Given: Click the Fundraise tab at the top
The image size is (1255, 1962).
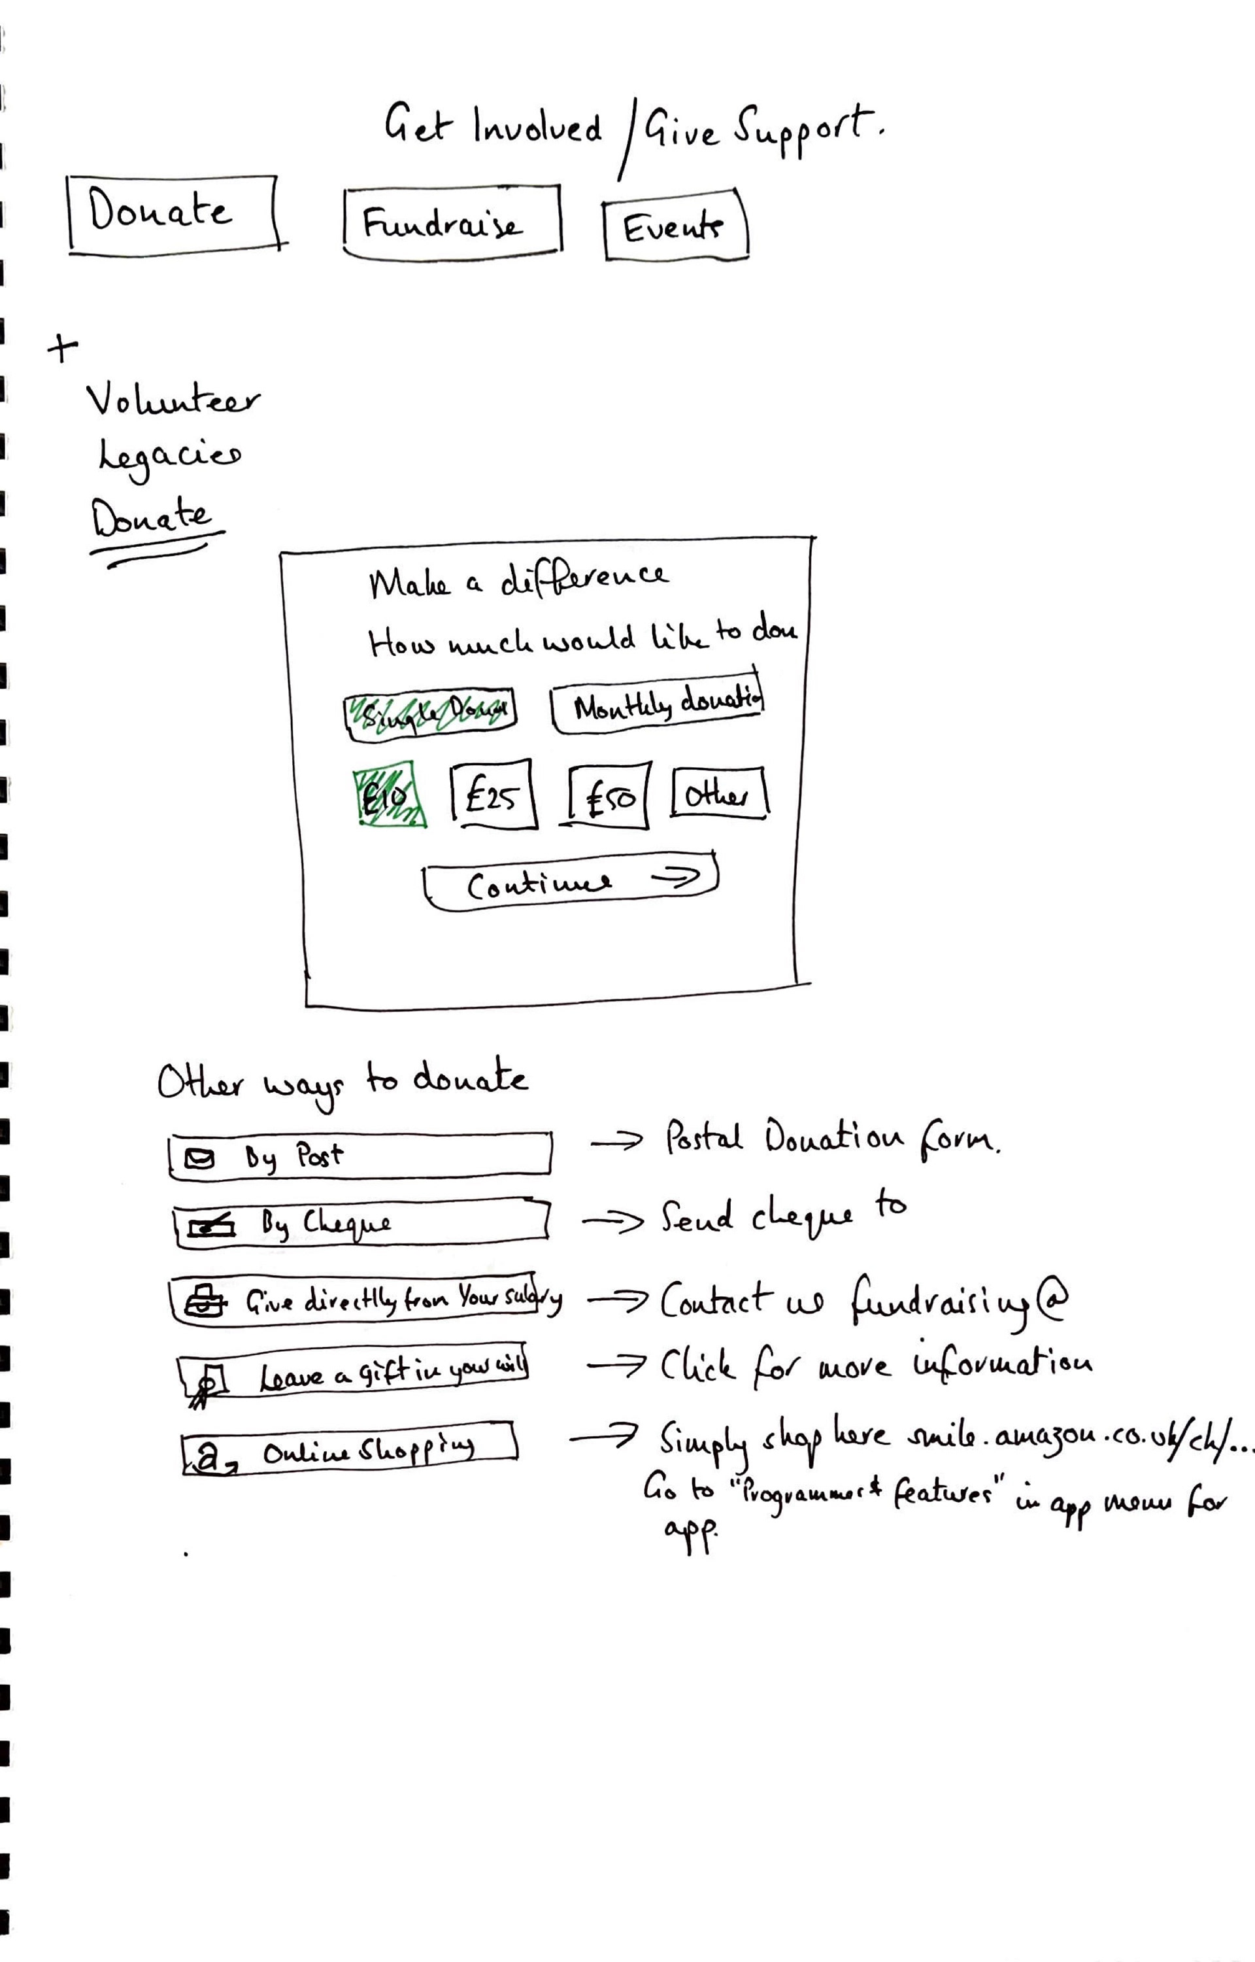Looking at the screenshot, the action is pos(452,222).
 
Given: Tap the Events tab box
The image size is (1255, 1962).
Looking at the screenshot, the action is pos(675,226).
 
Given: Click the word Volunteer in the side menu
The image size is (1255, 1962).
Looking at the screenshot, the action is pos(172,400).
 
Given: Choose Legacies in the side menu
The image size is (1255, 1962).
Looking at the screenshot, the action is pos(169,455).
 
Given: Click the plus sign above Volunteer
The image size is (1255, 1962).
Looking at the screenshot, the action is pos(62,348).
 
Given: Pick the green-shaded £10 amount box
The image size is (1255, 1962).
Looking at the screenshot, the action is pos(389,794).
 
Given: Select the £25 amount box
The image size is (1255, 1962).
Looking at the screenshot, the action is pos(492,794).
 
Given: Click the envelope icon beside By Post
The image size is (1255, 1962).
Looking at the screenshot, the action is pos(199,1158).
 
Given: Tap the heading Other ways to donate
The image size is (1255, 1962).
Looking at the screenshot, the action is pos(343,1081).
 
